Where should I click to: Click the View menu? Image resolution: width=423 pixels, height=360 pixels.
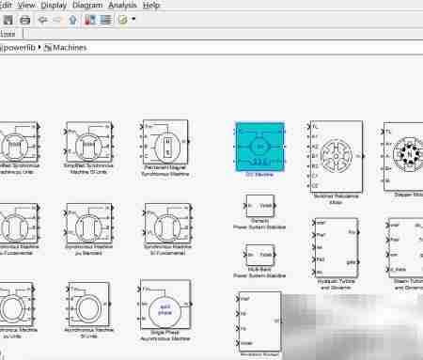tap(26, 5)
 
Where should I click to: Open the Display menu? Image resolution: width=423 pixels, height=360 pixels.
tap(60, 5)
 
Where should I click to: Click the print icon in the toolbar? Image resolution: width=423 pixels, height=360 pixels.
tap(24, 19)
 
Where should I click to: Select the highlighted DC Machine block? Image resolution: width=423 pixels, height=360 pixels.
tap(258, 145)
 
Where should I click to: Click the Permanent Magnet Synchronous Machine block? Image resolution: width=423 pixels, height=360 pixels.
tap(166, 144)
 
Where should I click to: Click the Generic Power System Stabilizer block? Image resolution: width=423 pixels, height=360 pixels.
tap(258, 206)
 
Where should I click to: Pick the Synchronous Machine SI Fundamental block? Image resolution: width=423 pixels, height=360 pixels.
tap(166, 226)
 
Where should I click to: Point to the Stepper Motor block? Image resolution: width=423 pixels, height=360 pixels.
tap(402, 151)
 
